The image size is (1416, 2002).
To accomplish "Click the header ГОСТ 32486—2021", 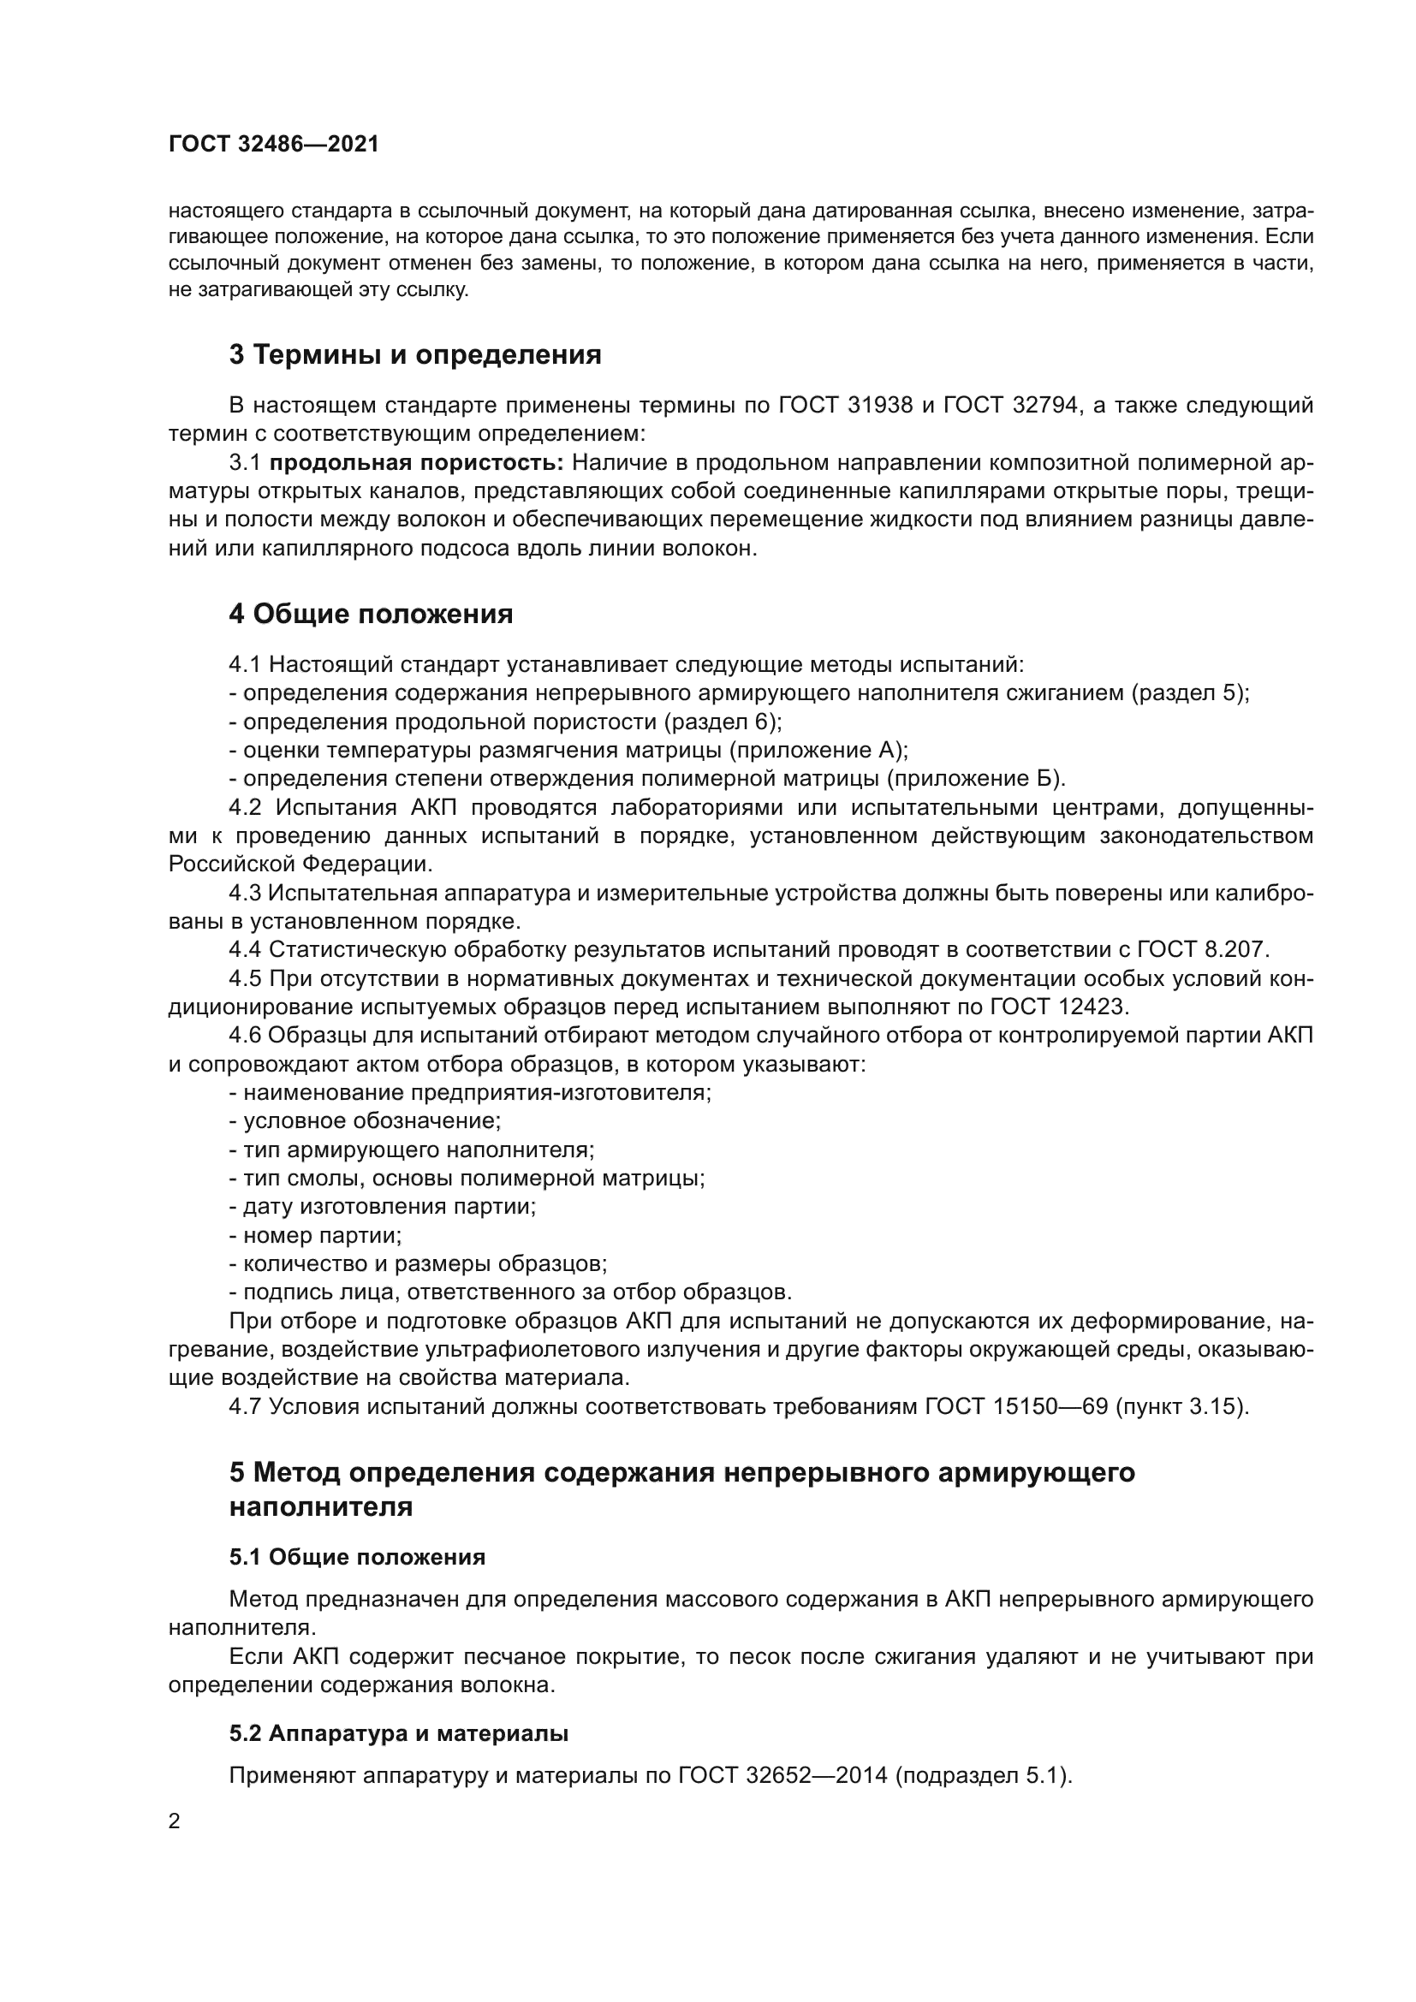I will click(274, 144).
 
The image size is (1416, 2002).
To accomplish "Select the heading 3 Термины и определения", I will click(415, 355).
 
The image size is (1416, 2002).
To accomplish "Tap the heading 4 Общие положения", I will click(371, 615).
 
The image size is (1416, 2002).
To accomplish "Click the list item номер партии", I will click(322, 1236).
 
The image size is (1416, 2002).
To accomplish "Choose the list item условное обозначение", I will click(372, 1121).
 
